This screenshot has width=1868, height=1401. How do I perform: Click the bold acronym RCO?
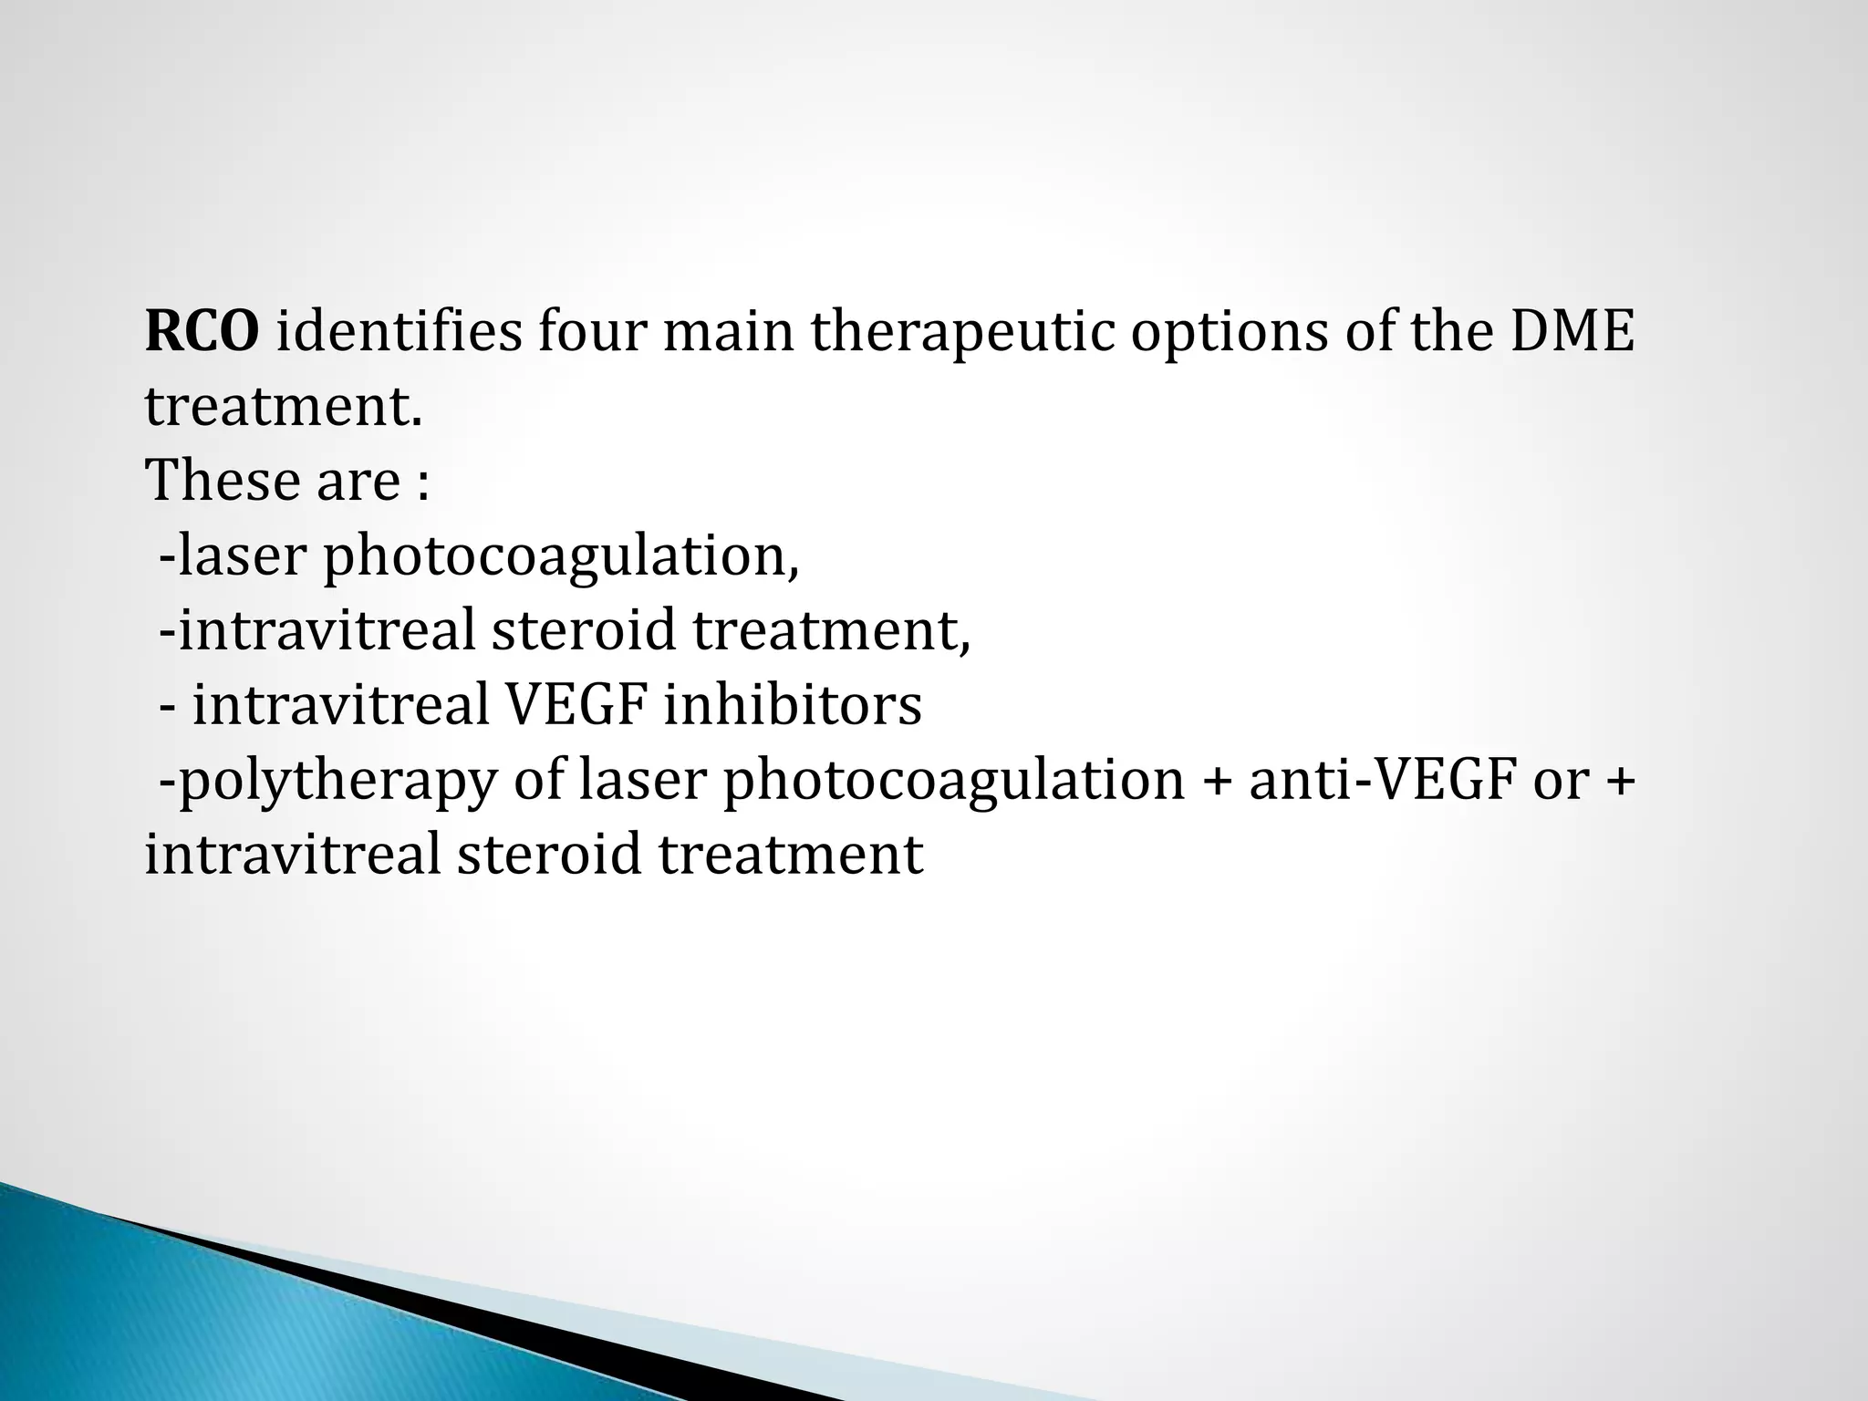pos(202,332)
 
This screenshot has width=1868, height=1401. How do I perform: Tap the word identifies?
pos(400,332)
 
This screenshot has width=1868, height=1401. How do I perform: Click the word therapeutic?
pos(963,332)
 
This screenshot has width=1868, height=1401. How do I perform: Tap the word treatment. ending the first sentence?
pos(284,407)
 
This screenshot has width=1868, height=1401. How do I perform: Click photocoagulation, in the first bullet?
pos(562,557)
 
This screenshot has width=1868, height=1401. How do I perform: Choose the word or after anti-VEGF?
pos(1560,782)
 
